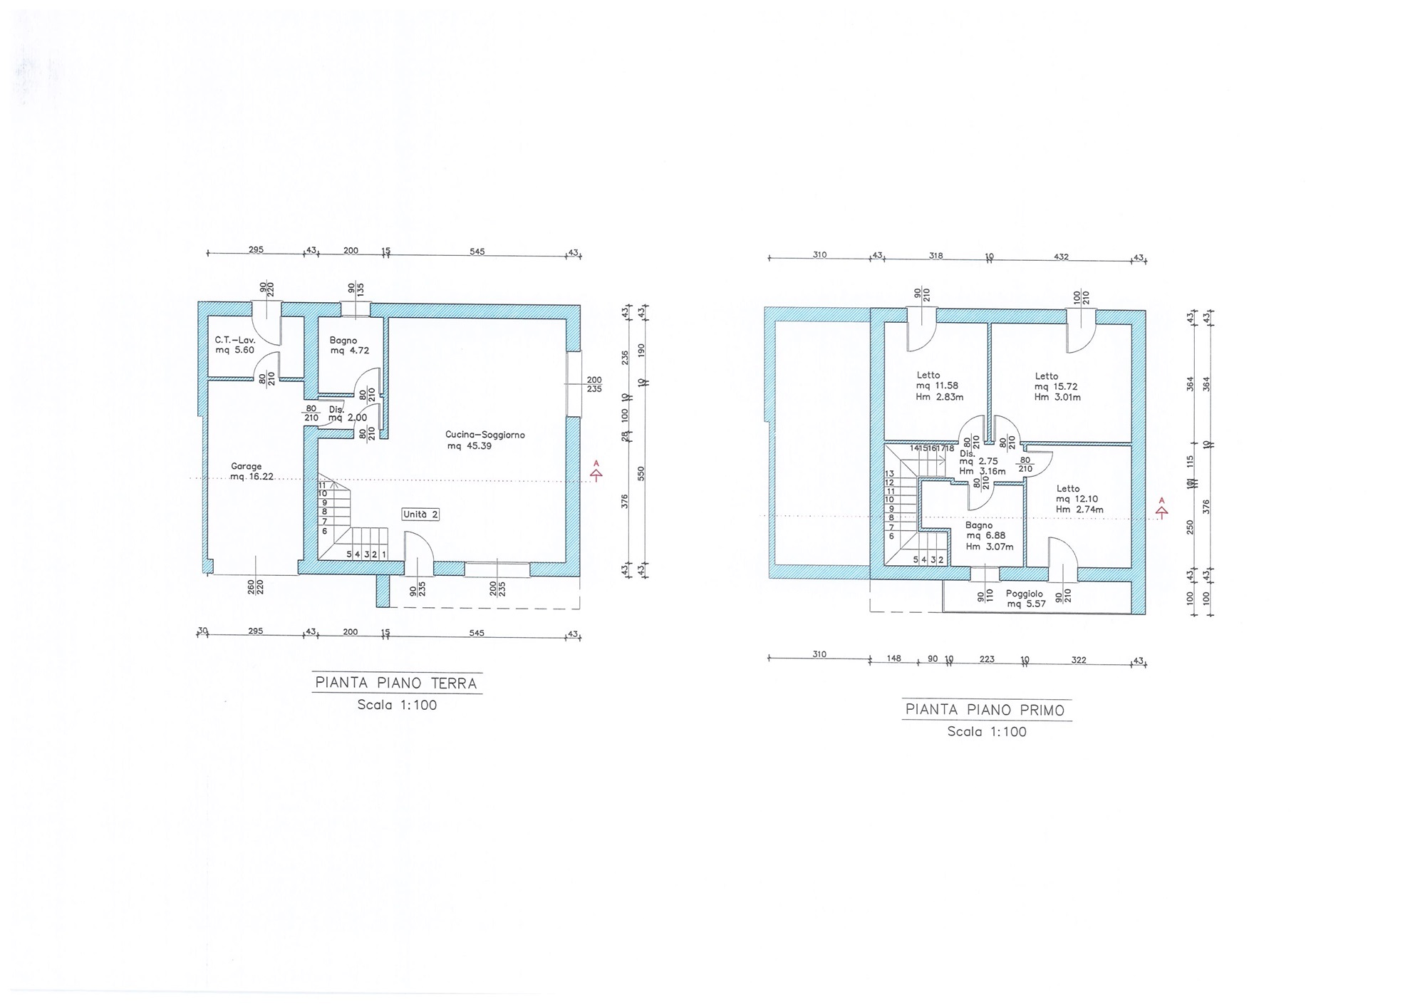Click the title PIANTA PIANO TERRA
pos(396,683)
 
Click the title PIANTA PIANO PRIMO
pos(985,710)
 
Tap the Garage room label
pos(252,472)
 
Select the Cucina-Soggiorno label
pos(484,440)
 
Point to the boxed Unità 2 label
pos(420,515)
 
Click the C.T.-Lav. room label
pos(235,345)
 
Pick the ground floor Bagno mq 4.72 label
pos(349,346)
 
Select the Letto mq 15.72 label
pos(1057,386)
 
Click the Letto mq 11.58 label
pos(940,386)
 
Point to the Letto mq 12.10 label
pos(1079,499)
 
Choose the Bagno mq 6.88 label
pos(989,536)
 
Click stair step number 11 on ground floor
pos(322,485)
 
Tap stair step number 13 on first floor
pos(889,474)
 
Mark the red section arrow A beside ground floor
pos(596,470)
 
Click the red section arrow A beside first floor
pos(1162,507)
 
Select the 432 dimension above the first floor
pos(1061,257)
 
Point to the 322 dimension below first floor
pos(1079,660)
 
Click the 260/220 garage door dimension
pos(255,587)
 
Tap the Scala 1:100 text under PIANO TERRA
pos(397,706)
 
